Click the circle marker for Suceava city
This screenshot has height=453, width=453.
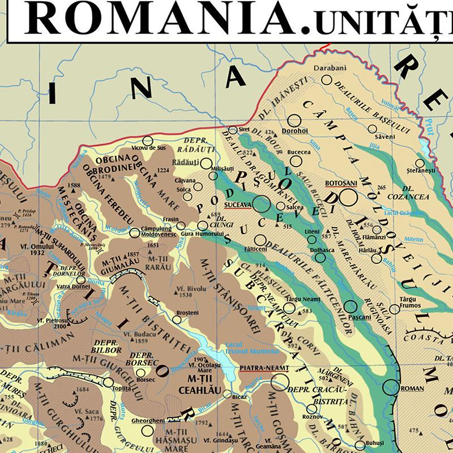tap(261, 204)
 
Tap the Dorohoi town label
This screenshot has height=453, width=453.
tap(294, 131)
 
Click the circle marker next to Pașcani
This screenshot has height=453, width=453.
tap(351, 307)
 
